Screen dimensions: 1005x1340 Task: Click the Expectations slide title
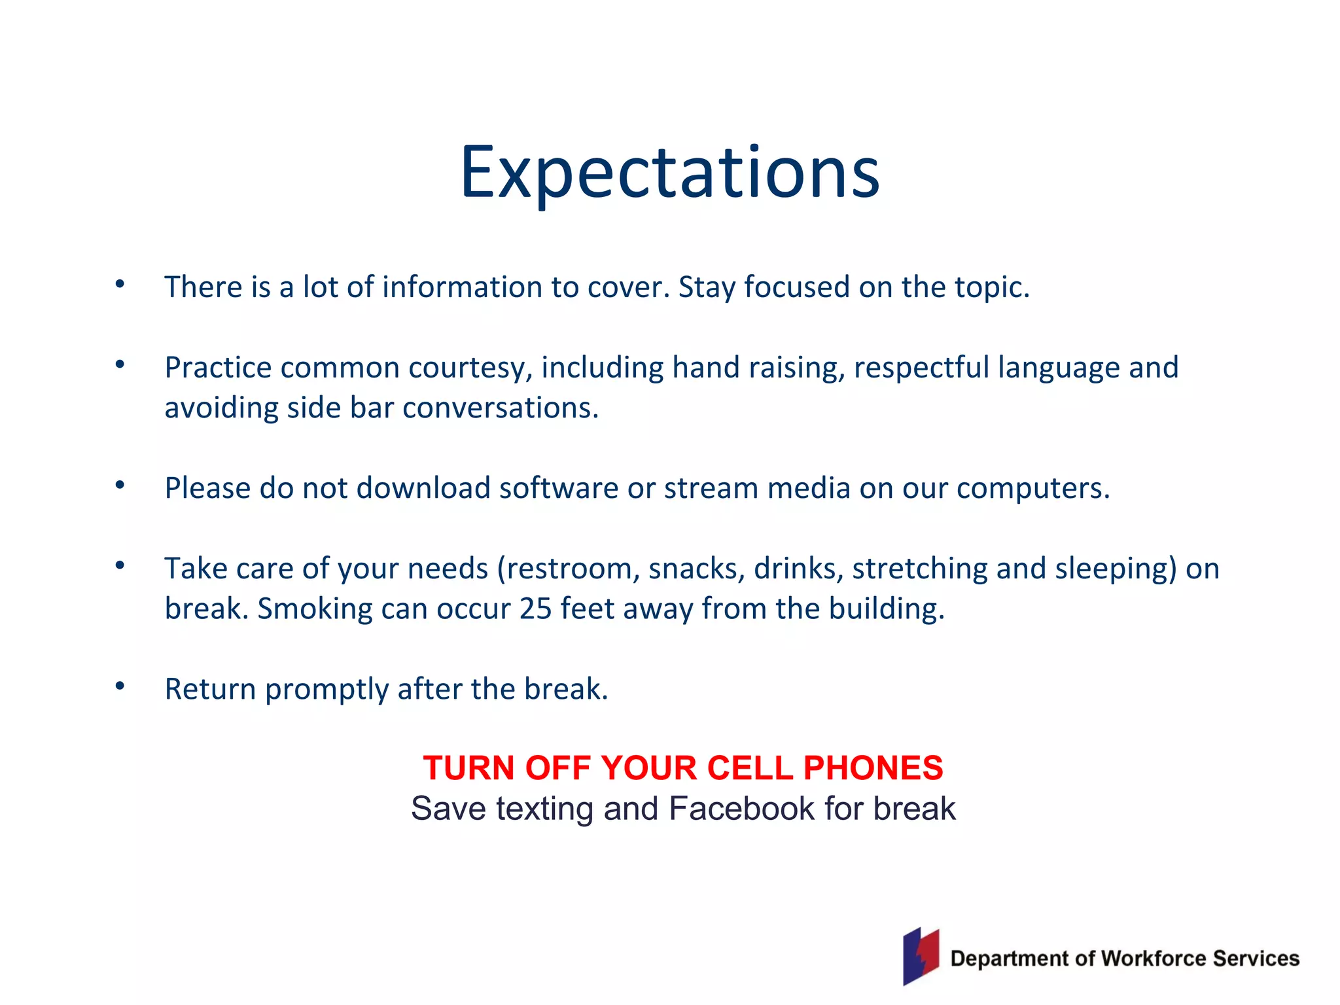pyautogui.click(x=670, y=173)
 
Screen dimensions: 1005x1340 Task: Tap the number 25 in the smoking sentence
pyautogui.click(x=535, y=609)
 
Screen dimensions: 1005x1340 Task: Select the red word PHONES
pyautogui.click(x=873, y=768)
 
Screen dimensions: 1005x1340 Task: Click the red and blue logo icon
pyautogui.click(x=921, y=957)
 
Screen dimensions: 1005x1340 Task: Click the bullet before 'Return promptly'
pyautogui.click(x=120, y=686)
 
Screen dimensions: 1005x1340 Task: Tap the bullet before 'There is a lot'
pyautogui.click(x=120, y=284)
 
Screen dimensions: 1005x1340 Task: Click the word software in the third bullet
pyautogui.click(x=558, y=489)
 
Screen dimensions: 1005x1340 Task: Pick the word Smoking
pyautogui.click(x=315, y=609)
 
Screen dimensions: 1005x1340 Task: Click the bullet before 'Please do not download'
pyautogui.click(x=120, y=485)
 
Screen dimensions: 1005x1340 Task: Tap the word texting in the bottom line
pyautogui.click(x=544, y=809)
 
